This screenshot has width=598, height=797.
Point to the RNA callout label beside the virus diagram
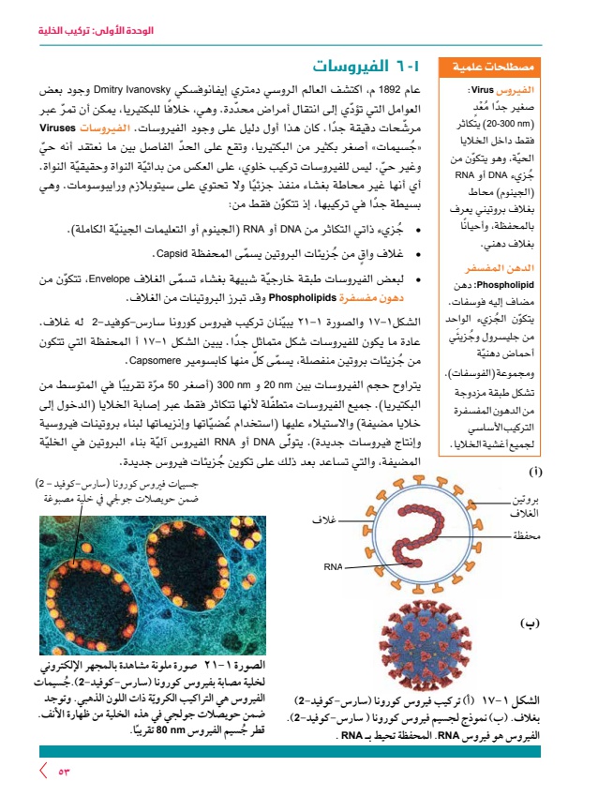point(335,566)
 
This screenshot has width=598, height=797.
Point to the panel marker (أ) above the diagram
point(535,472)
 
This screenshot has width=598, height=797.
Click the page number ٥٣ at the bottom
point(65,771)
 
